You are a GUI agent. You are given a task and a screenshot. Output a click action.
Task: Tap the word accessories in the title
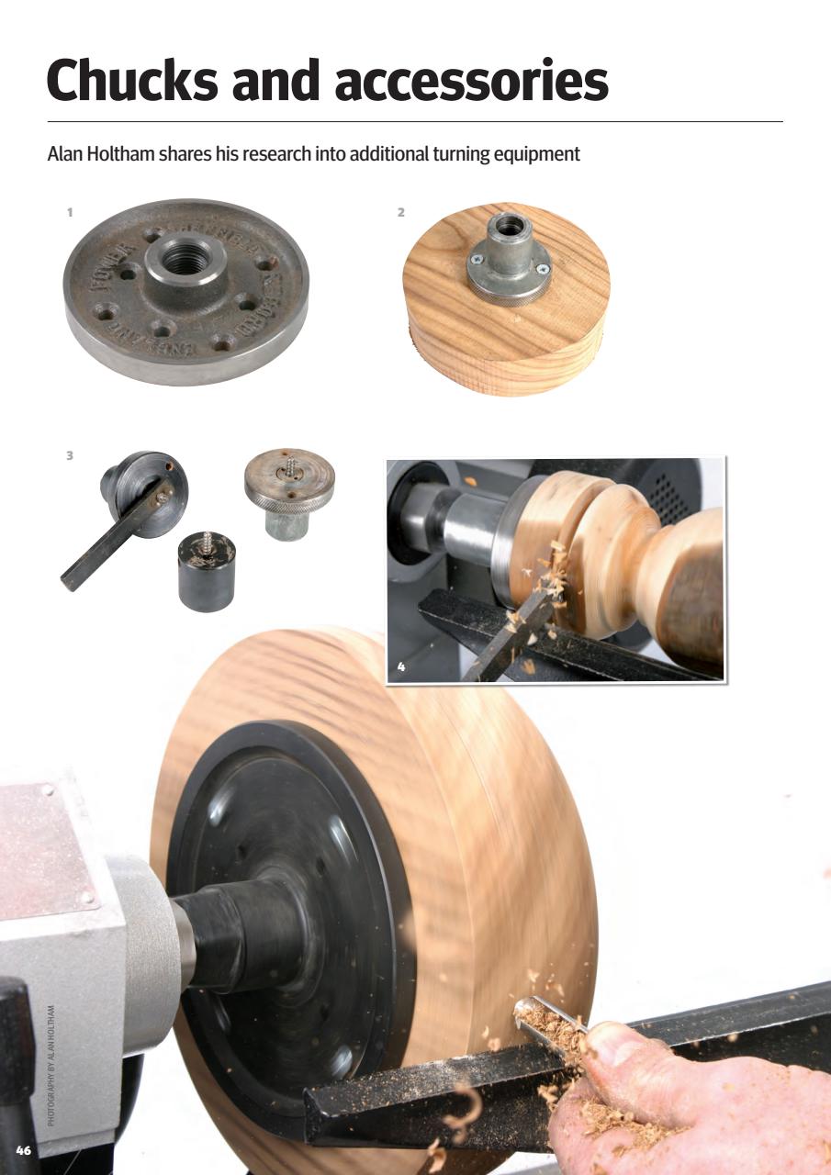point(471,80)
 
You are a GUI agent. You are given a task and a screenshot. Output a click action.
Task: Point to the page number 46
point(24,1149)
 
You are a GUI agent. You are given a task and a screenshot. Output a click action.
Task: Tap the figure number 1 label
point(69,212)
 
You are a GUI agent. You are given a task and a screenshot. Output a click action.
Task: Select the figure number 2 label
point(400,212)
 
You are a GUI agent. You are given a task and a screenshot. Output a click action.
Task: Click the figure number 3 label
point(69,454)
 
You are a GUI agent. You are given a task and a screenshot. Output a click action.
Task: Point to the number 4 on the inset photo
point(400,666)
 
